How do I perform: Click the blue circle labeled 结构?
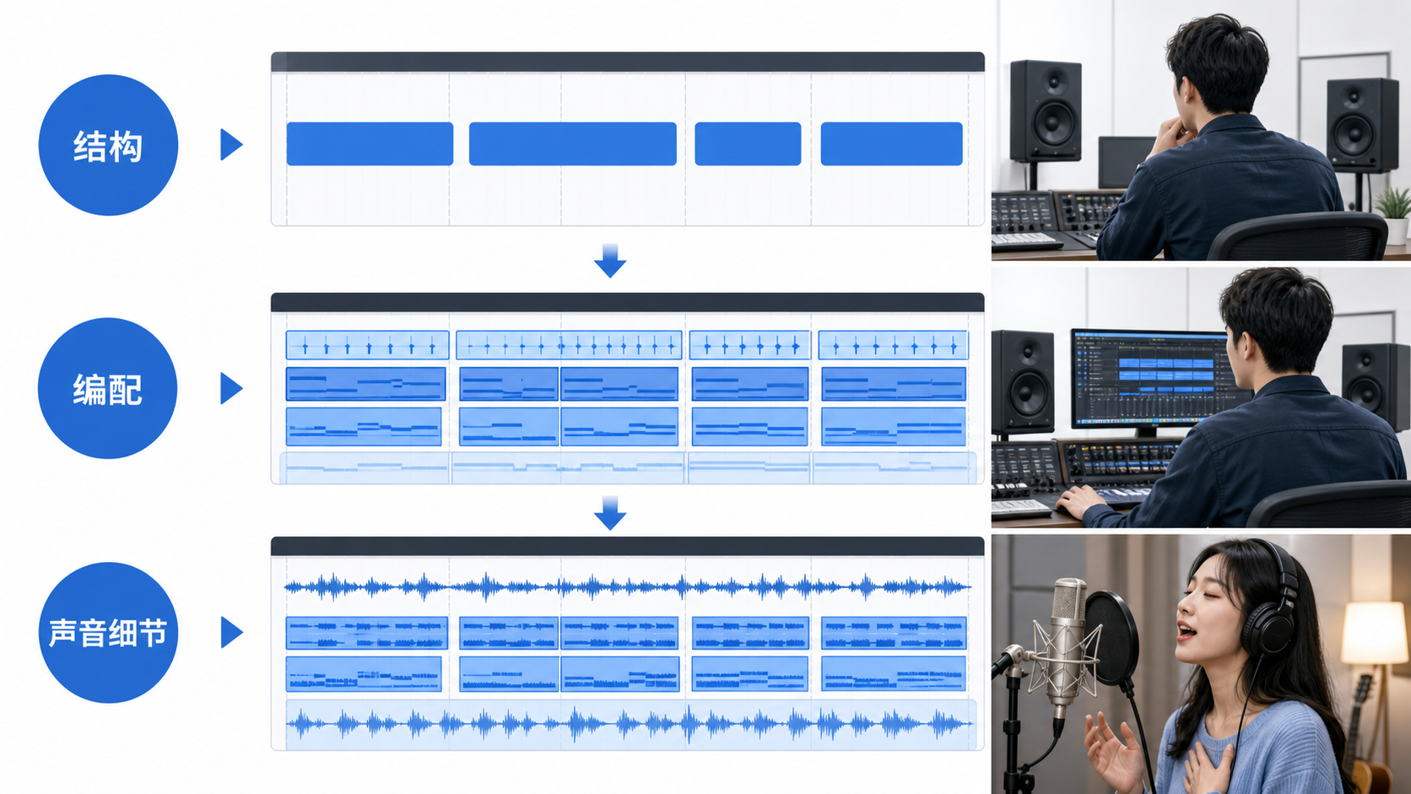click(x=108, y=145)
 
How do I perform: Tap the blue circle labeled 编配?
click(x=108, y=388)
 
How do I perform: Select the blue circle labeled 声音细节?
click(x=108, y=632)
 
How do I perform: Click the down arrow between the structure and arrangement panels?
click(x=610, y=261)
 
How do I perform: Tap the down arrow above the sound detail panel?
click(x=610, y=512)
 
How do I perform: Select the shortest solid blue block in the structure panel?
click(x=748, y=144)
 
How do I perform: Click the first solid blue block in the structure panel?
click(x=370, y=144)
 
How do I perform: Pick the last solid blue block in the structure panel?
click(x=891, y=144)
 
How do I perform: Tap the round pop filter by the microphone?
click(x=1111, y=637)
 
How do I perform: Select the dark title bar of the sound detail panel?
click(x=627, y=547)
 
